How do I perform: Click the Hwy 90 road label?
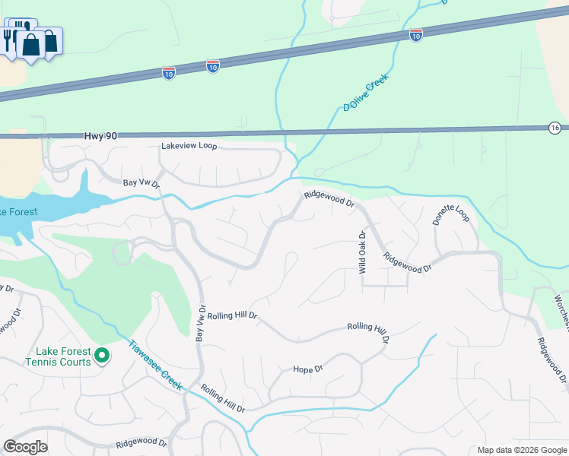coord(100,135)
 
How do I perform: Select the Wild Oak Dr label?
coord(363,252)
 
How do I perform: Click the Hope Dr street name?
coord(308,369)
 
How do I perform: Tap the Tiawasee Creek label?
coord(155,364)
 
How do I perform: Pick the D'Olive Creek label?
coord(365,93)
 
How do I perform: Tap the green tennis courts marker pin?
coord(102,355)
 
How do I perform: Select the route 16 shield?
coord(555,128)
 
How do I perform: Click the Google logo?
coord(25,446)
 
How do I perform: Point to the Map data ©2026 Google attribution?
coord(522,450)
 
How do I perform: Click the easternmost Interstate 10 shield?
coord(415,35)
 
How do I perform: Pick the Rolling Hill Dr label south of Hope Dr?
coord(223,399)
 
